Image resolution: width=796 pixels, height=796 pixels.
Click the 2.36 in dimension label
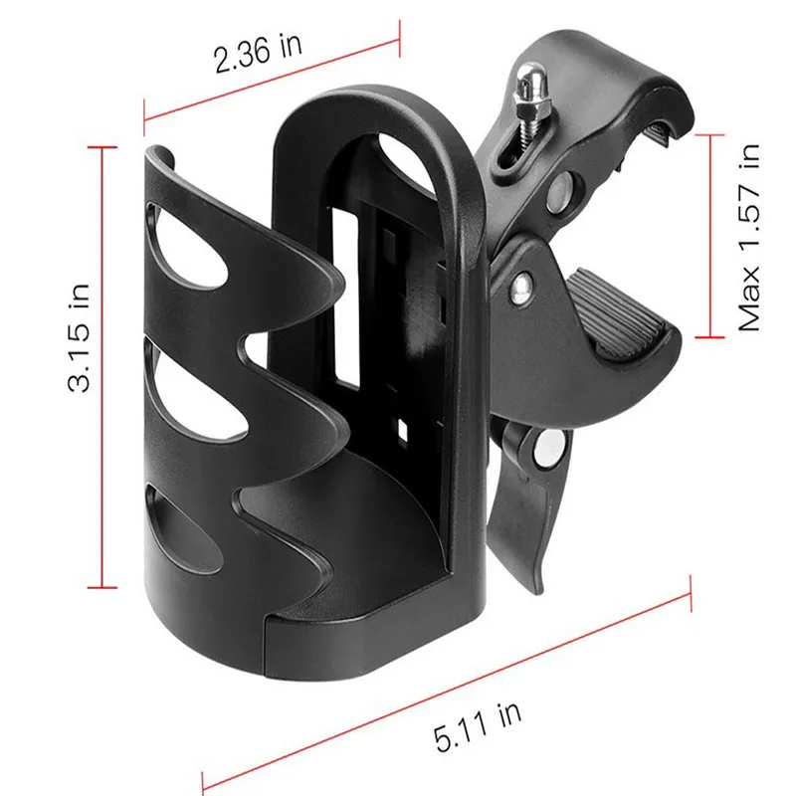coord(258,52)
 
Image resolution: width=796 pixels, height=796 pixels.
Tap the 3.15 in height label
coord(80,338)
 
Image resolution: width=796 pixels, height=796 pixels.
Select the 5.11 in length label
coord(478,727)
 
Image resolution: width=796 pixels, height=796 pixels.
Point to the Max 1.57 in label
coord(749,238)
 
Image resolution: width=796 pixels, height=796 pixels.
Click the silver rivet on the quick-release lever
coord(549,448)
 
